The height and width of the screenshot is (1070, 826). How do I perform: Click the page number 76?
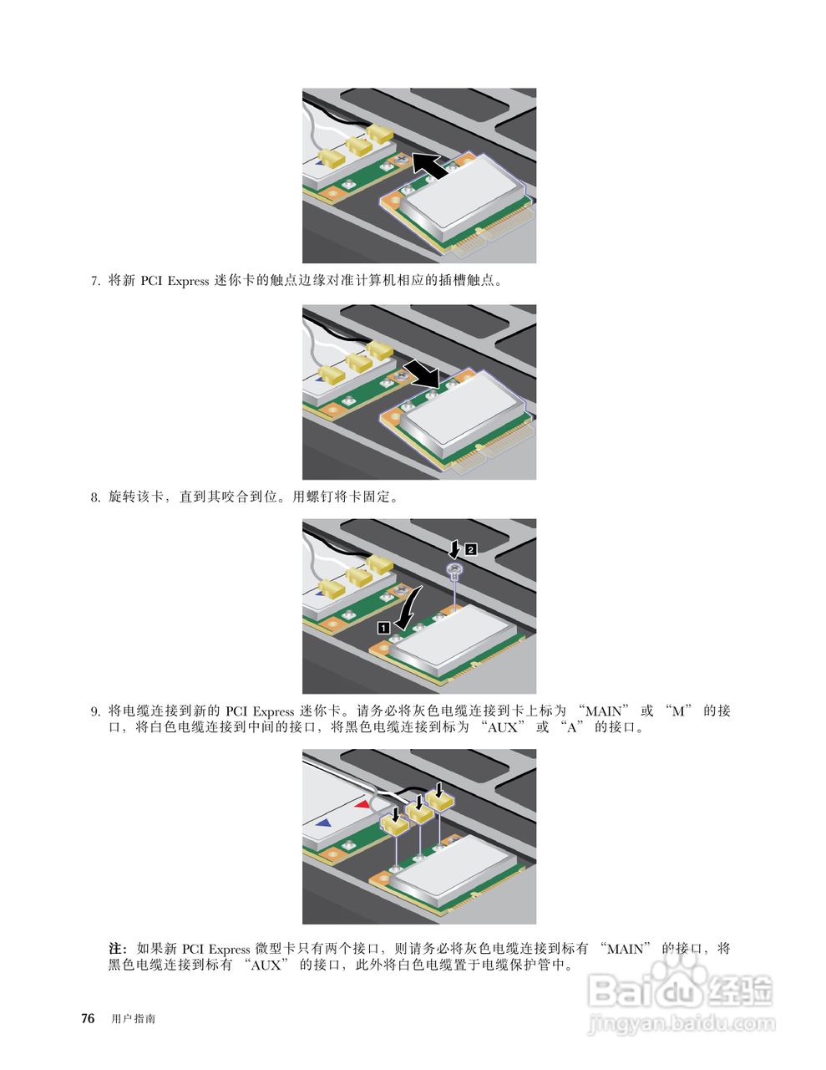coord(86,1019)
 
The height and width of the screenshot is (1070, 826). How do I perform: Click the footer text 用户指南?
coord(133,1020)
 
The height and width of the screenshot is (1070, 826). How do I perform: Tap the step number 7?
coord(94,282)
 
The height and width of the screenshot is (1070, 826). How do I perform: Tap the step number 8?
coord(94,498)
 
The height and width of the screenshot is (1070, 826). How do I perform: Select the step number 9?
coord(94,712)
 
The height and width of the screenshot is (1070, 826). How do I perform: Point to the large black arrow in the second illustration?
coord(421,373)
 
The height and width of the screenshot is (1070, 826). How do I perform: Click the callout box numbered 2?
coord(471,549)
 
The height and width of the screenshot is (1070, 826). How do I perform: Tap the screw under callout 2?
coord(454,571)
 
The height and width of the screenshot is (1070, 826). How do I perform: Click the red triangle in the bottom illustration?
coord(362,804)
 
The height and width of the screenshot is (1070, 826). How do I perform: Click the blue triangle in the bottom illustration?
coord(324,823)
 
